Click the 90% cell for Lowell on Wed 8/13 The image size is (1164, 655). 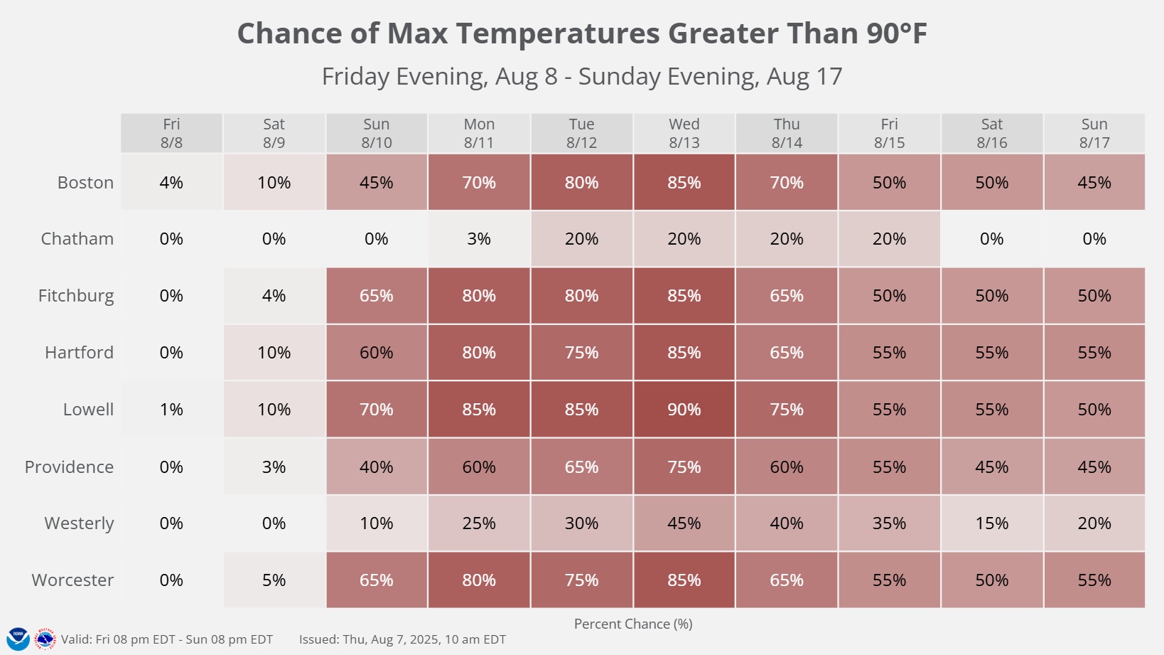(684, 410)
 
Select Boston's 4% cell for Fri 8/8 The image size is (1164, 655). (171, 183)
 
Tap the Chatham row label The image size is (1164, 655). (77, 239)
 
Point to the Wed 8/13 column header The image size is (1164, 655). (684, 133)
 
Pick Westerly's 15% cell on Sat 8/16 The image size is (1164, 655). (991, 523)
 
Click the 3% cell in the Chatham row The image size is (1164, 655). (479, 239)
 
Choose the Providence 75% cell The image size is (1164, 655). (684, 467)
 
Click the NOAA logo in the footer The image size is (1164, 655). (18, 639)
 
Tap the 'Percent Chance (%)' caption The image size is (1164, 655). (632, 624)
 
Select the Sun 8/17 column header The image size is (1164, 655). (1094, 133)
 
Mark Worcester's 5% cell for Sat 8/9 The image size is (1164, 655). (274, 580)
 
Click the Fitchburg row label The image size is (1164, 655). (75, 296)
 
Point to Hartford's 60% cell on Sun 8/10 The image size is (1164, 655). (376, 353)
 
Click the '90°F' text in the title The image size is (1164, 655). (896, 33)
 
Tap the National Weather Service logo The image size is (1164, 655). (45, 639)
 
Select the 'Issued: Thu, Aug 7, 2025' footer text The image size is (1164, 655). (402, 639)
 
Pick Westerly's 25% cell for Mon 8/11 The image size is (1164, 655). (479, 523)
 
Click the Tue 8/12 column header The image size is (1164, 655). (581, 133)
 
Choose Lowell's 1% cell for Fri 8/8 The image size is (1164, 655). (171, 410)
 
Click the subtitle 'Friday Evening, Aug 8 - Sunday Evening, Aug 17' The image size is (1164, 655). (581, 76)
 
